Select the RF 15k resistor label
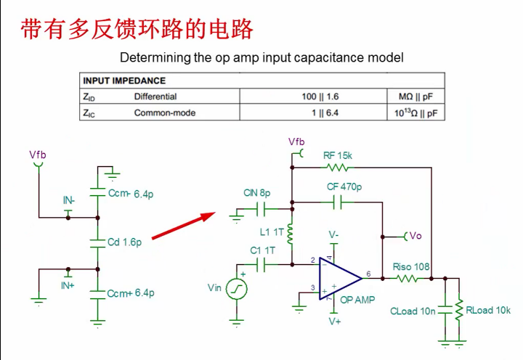click(338, 155)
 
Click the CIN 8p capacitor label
click(256, 193)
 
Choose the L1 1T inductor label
click(272, 232)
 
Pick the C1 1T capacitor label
click(262, 250)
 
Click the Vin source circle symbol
click(236, 288)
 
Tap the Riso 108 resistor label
click(411, 267)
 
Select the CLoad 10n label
click(413, 311)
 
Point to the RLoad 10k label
click(488, 311)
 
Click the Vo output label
click(415, 236)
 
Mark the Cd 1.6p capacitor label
click(124, 242)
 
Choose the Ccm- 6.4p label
click(131, 194)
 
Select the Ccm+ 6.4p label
click(131, 293)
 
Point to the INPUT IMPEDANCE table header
click(124, 81)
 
